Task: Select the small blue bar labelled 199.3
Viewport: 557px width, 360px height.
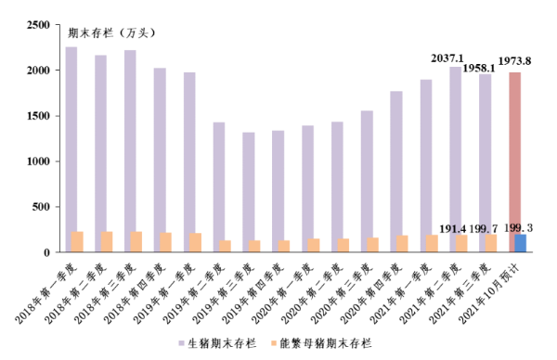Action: tap(521, 243)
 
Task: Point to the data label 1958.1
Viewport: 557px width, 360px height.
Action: tap(481, 68)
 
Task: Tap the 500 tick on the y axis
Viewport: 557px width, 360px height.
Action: tap(41, 207)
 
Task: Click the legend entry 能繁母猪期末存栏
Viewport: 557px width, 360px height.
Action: tap(324, 343)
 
